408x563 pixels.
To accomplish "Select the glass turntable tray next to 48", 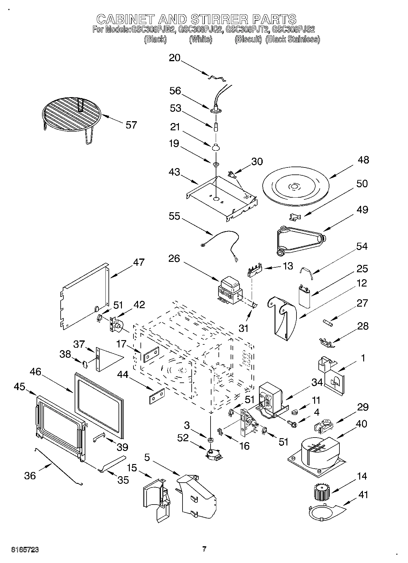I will point(294,187).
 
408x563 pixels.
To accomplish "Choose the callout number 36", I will point(30,475).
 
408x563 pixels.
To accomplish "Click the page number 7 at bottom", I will point(204,549).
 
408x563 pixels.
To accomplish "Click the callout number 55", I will point(175,216).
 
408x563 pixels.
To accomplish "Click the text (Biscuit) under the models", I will point(248,39).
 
